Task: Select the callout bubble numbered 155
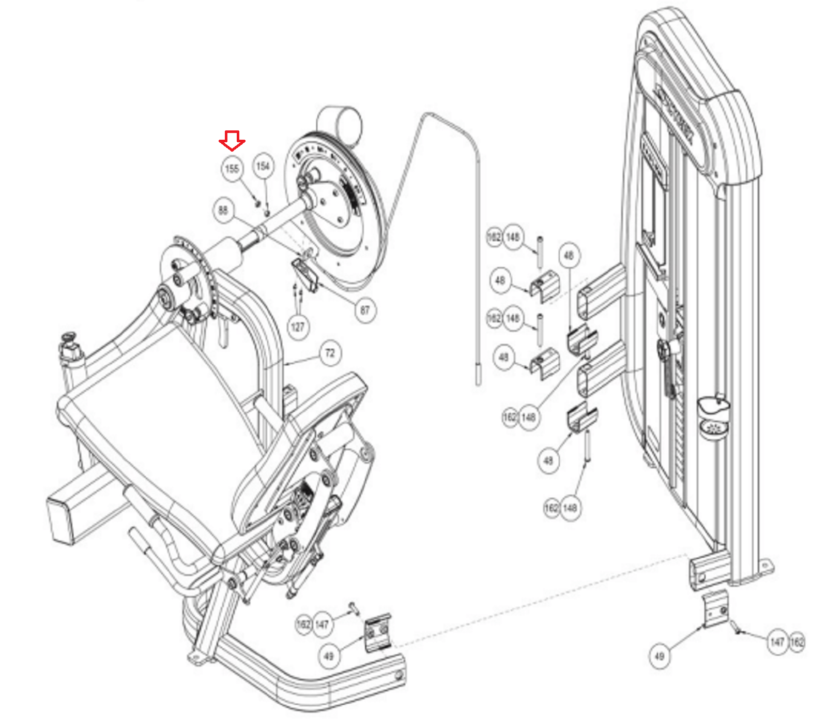point(232,169)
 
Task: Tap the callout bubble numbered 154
point(263,166)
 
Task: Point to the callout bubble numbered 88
point(223,211)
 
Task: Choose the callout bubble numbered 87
point(365,310)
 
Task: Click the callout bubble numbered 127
point(298,327)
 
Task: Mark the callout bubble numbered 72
point(330,353)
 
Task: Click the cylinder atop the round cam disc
point(340,124)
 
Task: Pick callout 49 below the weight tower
point(659,656)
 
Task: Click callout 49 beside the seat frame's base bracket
point(329,656)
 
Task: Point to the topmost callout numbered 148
point(513,237)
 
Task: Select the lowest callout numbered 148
point(570,508)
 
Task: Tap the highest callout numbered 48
point(569,256)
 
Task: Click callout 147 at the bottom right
point(777,642)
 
